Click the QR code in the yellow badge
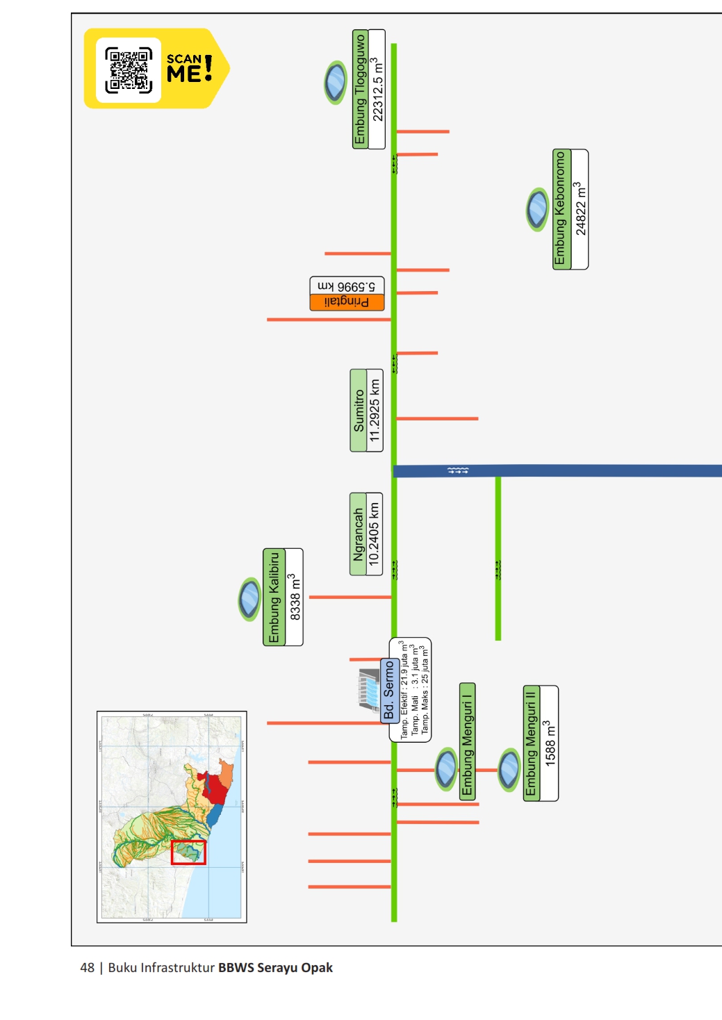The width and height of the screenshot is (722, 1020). pos(129,70)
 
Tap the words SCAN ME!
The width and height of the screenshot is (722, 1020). pos(189,68)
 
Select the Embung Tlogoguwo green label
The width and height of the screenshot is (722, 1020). pos(360,89)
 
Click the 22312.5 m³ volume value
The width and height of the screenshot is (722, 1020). pos(377,89)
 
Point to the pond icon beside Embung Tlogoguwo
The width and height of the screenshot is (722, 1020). pos(336,83)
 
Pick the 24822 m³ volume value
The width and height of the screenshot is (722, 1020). pos(580,209)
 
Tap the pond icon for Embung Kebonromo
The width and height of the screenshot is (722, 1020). pos(537,209)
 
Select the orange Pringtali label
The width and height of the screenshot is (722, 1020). pos(347,302)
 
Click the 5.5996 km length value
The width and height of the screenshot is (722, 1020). pos(347,286)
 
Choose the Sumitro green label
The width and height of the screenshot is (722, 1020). pos(359,411)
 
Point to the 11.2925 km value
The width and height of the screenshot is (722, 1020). pos(375,411)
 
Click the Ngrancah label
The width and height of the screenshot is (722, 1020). pos(358,534)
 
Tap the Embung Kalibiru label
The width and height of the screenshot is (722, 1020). pos(274,597)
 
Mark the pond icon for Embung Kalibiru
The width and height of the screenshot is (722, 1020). pos(249,599)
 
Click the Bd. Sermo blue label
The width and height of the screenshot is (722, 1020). pos(389,691)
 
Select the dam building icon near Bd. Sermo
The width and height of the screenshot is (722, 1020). pos(368,689)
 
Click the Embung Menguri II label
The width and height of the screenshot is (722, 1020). pos(532,743)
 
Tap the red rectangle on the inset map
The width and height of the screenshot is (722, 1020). pos(188,853)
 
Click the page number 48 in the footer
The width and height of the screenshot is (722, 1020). pos(87,968)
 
